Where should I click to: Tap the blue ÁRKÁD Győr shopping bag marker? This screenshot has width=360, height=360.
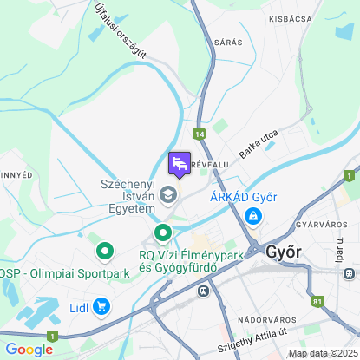[x=252, y=217]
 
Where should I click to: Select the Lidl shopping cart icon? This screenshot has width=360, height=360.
[x=102, y=305]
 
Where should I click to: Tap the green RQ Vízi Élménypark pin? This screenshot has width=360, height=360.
[x=163, y=232]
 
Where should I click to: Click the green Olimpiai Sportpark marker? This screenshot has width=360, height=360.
[x=106, y=252]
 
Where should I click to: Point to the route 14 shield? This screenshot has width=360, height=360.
[x=200, y=134]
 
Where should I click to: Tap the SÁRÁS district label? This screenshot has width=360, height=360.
[x=228, y=42]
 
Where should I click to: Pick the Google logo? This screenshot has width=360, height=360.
[x=29, y=350]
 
